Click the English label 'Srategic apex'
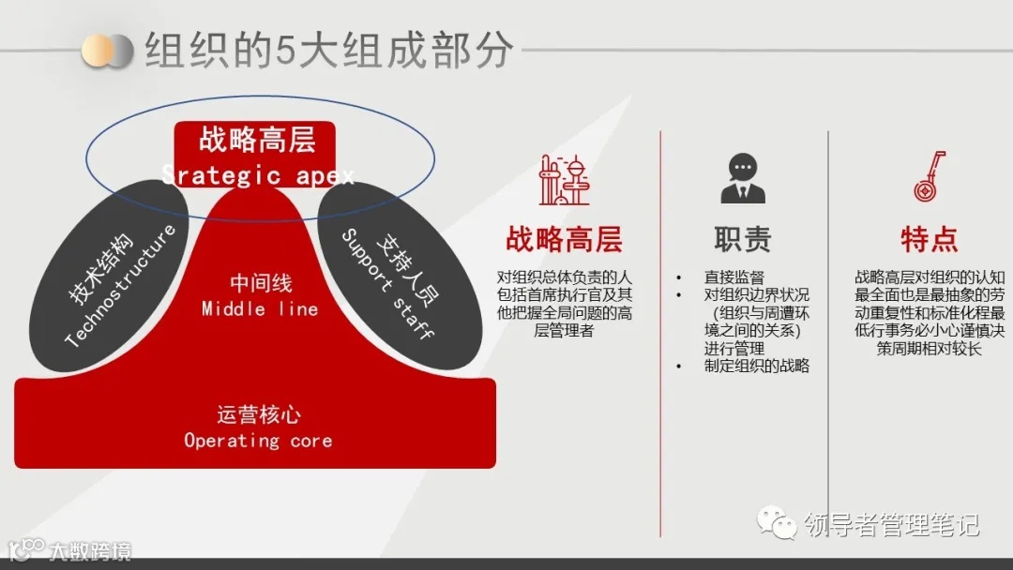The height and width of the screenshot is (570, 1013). pyautogui.click(x=258, y=175)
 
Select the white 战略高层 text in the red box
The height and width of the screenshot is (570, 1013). pyautogui.click(x=257, y=141)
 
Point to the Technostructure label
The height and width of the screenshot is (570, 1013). pyautogui.click(x=121, y=286)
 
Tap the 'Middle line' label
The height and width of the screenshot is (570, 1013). pyautogui.click(x=260, y=308)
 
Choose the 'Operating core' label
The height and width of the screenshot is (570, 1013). pyautogui.click(x=258, y=440)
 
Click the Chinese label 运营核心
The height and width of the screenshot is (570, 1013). pyautogui.click(x=258, y=414)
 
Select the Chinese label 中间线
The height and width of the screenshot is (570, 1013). pyautogui.click(x=260, y=282)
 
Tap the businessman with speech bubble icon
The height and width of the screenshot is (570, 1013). pyautogui.click(x=743, y=178)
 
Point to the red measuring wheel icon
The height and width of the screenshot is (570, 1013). pyautogui.click(x=929, y=178)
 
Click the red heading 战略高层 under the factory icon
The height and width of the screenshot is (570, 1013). pyautogui.click(x=564, y=239)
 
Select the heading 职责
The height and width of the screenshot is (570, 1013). pyautogui.click(x=743, y=239)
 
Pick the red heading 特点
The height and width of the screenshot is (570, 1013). pyautogui.click(x=929, y=239)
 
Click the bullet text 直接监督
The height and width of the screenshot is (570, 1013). pyautogui.click(x=734, y=277)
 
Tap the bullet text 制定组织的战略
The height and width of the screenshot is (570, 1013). pyautogui.click(x=756, y=367)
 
